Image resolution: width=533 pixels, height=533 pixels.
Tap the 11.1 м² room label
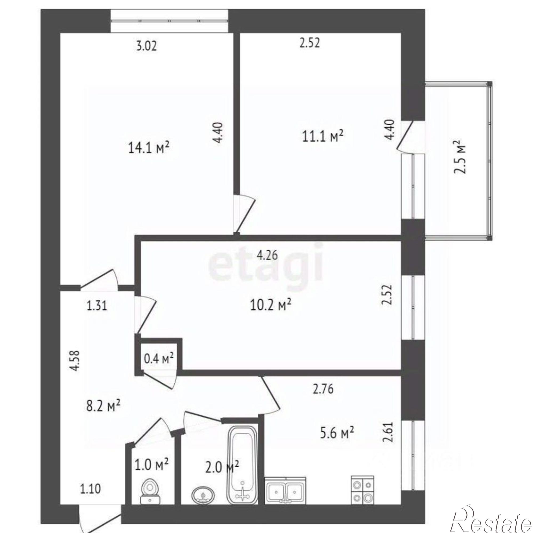323,136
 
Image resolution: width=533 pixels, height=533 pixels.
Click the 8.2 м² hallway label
103,406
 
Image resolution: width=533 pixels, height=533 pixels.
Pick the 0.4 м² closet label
159,359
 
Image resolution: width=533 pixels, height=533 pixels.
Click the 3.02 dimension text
147,46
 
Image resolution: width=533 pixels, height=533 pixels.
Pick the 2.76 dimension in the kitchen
323,389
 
